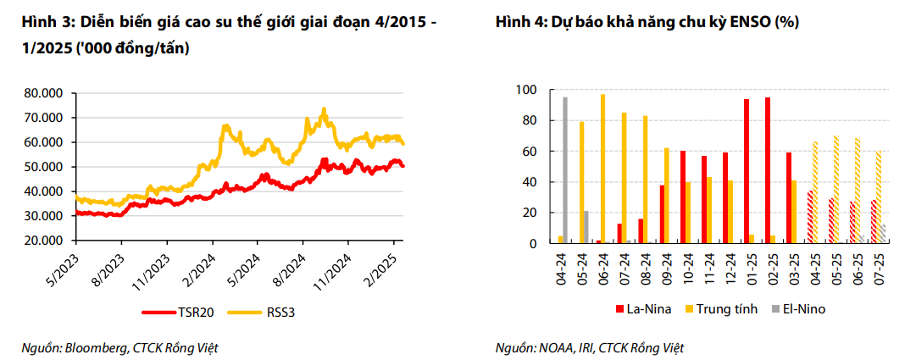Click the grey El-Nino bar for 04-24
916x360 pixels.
(565, 170)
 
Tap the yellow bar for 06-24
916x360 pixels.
(603, 169)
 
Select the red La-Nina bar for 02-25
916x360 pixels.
(768, 170)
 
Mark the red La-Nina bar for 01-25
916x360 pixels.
(747, 171)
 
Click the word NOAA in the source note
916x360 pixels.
(555, 347)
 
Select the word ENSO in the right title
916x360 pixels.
(748, 25)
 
